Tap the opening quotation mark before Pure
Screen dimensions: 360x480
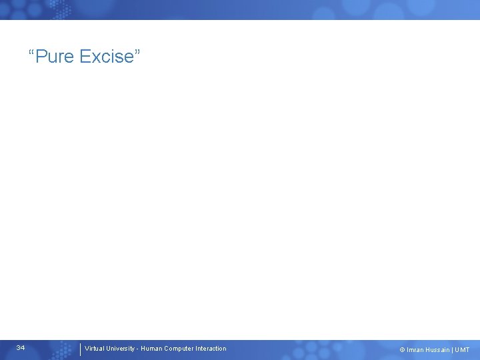click(x=31, y=52)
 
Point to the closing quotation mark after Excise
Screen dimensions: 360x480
click(x=137, y=52)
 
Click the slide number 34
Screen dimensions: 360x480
click(x=21, y=348)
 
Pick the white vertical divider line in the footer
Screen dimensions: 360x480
click(x=80, y=349)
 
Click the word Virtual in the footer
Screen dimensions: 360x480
click(x=94, y=348)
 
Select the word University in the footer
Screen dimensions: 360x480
click(x=120, y=348)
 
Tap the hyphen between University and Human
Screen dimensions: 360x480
click(x=137, y=349)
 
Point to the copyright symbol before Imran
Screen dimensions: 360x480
click(x=402, y=350)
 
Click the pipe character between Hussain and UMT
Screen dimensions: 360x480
click(x=452, y=350)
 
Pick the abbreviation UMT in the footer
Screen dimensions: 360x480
click(x=462, y=350)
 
